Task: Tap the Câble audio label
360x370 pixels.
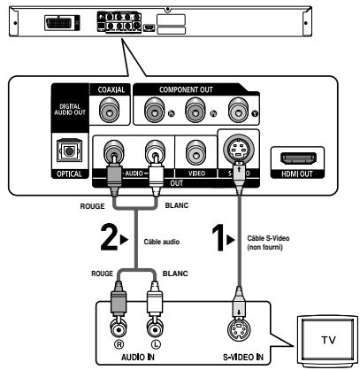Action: (x=162, y=240)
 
